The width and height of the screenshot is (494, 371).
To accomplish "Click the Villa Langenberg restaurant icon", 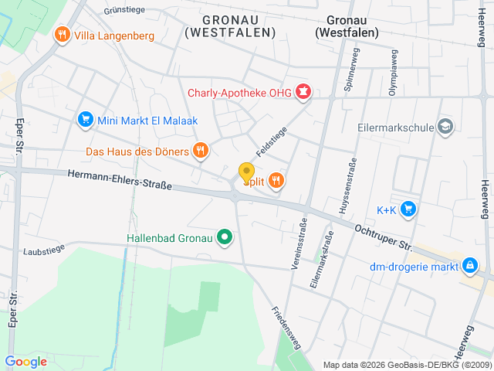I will pyautogui.click(x=61, y=35).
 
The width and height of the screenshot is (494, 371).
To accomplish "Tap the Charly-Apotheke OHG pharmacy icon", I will pyautogui.click(x=303, y=94).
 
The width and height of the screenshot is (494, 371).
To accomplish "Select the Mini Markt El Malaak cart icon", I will pyautogui.click(x=85, y=119).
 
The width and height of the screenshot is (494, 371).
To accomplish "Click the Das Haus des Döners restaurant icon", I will pyautogui.click(x=201, y=150).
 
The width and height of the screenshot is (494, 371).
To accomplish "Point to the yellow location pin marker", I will pyautogui.click(x=246, y=173).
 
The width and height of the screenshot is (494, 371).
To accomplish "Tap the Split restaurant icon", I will pyautogui.click(x=276, y=181).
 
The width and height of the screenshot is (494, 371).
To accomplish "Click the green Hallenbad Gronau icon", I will pyautogui.click(x=225, y=237).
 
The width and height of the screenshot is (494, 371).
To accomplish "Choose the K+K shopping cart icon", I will pyautogui.click(x=408, y=209).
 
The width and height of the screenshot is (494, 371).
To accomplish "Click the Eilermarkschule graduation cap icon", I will pyautogui.click(x=445, y=125).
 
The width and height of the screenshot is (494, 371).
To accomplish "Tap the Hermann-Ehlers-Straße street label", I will pyautogui.click(x=119, y=180).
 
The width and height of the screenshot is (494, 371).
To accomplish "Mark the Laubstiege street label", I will pyautogui.click(x=44, y=250).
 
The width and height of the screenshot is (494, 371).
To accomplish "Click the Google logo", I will pyautogui.click(x=25, y=361).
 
